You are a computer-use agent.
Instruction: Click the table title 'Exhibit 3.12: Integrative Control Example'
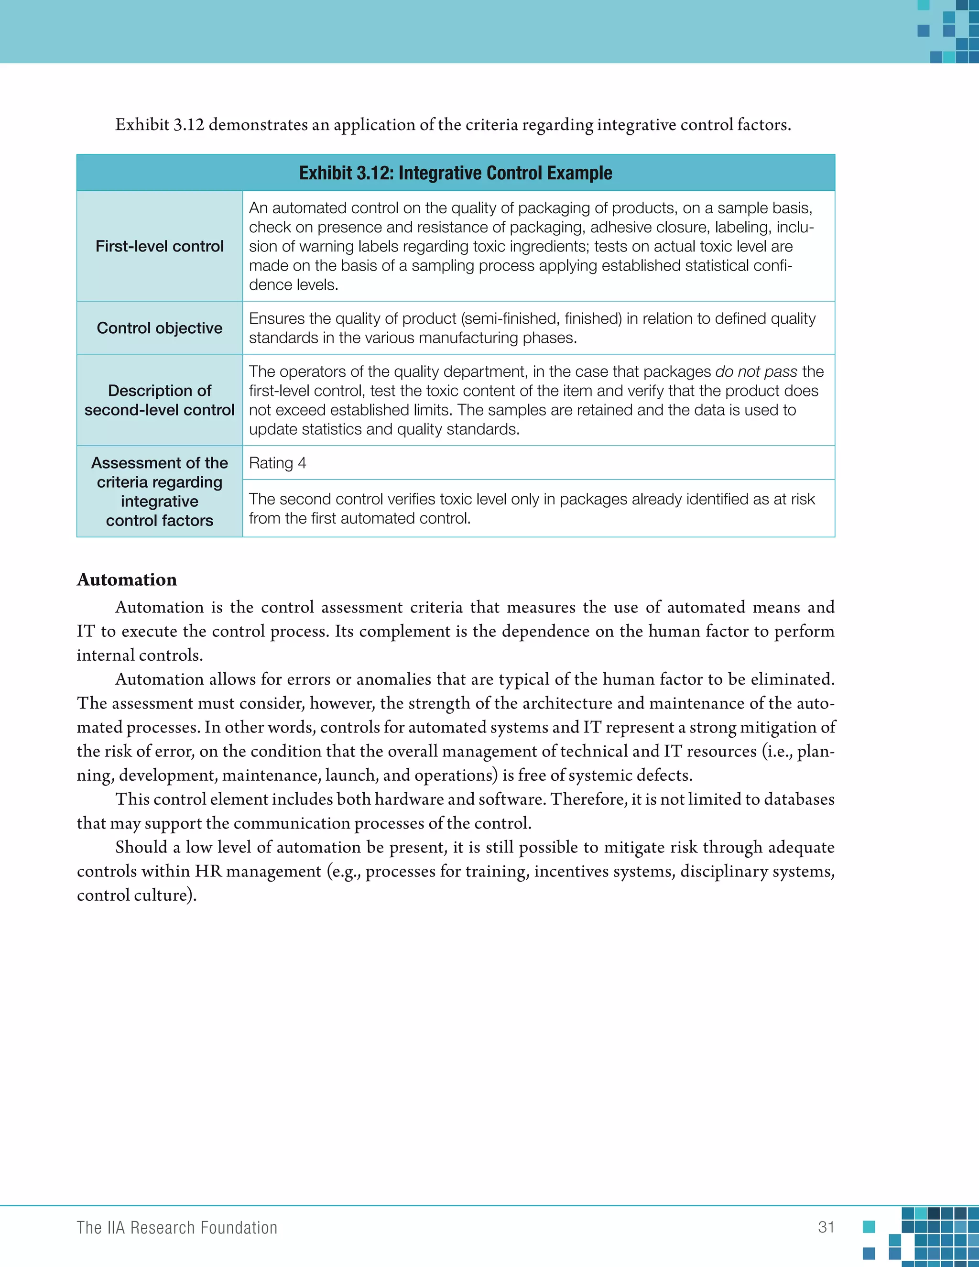(x=455, y=173)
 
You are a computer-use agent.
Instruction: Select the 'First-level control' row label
(x=160, y=246)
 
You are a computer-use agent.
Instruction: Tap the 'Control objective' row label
(x=160, y=328)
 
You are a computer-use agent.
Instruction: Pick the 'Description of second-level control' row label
(x=160, y=400)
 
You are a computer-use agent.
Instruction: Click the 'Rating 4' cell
(x=277, y=463)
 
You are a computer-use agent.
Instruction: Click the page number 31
(x=826, y=1227)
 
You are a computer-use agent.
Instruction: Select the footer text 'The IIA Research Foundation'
(x=177, y=1227)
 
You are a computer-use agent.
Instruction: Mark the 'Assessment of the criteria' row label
(x=160, y=492)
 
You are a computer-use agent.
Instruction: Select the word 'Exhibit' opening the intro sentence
(x=142, y=125)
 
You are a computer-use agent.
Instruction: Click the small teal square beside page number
(x=868, y=1226)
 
